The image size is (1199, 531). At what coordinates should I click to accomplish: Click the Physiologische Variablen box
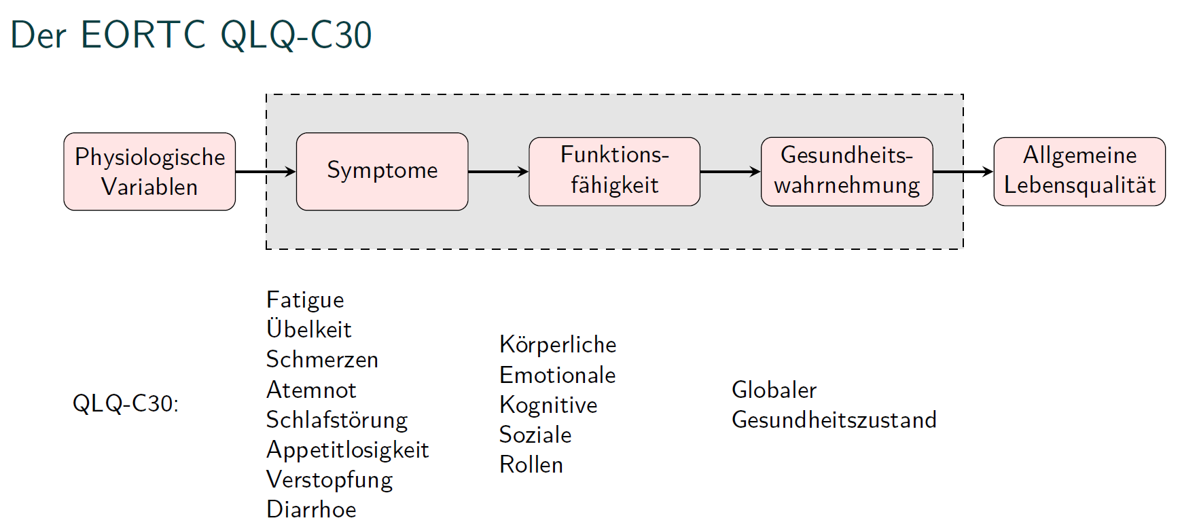149,172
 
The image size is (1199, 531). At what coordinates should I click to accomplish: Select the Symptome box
382,172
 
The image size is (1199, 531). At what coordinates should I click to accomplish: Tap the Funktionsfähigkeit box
615,172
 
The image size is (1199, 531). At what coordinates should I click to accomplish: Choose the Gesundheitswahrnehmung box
847,172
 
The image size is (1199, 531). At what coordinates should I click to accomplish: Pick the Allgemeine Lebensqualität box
1079,172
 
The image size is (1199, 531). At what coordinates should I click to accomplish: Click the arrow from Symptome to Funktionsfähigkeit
499,172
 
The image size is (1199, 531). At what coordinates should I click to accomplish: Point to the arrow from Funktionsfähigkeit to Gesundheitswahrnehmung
731,172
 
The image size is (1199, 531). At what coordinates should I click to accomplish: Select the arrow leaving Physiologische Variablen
266,172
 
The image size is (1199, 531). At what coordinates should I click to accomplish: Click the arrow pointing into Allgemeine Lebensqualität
963,172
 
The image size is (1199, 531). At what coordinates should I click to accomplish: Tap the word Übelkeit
309,329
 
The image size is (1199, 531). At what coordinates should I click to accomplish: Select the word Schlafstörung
337,420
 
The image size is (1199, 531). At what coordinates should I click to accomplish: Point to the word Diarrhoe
311,509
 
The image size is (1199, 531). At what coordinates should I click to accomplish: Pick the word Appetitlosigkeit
347,450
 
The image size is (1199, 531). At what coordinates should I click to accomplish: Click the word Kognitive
548,405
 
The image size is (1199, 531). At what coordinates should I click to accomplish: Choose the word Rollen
531,464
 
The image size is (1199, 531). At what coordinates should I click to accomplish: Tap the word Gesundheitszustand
834,420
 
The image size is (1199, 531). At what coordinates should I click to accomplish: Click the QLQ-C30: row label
126,404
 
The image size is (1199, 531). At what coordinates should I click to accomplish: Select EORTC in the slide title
143,35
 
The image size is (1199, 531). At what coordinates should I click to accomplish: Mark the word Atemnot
311,390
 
